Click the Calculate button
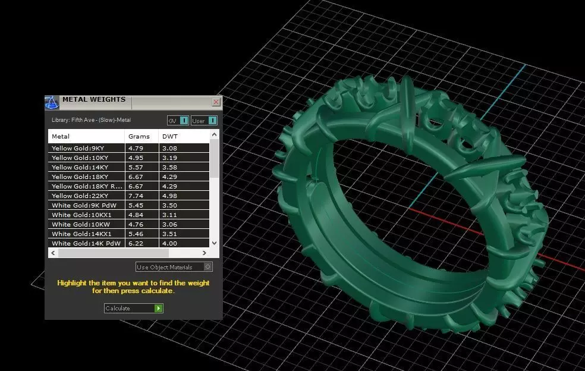[133, 308]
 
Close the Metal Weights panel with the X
[216, 102]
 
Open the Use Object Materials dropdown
[174, 267]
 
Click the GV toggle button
[178, 121]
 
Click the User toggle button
[204, 121]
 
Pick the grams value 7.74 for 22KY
[136, 196]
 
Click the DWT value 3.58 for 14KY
[170, 168]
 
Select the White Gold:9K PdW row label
[83, 205]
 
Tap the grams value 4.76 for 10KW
[136, 224]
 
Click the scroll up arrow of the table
[215, 135]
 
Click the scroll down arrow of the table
[215, 243]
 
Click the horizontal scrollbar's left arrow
[52, 253]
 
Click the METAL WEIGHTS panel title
[94, 99]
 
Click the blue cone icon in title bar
[52, 102]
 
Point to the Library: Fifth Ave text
[91, 120]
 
